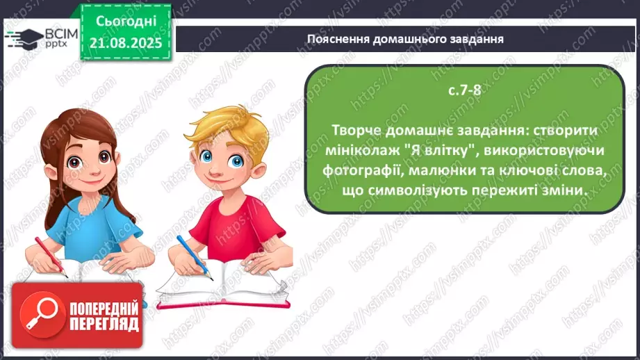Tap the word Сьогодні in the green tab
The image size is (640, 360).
pos(128,22)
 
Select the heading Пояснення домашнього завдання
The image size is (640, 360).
pos(405,39)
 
